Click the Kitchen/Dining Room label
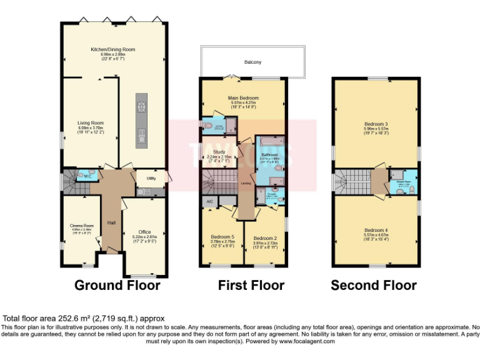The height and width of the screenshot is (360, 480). pyautogui.click(x=113, y=49)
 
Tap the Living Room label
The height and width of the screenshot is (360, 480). pyautogui.click(x=91, y=123)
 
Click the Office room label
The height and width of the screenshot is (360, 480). pyautogui.click(x=144, y=232)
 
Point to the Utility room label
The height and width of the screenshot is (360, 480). pyautogui.click(x=151, y=179)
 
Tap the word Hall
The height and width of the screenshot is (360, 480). pyautogui.click(x=111, y=222)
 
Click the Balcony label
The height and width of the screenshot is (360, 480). pyautogui.click(x=252, y=62)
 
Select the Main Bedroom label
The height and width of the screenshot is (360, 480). pyautogui.click(x=243, y=98)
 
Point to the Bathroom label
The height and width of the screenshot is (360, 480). pyautogui.click(x=269, y=154)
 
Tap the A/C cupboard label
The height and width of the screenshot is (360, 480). pyautogui.click(x=209, y=202)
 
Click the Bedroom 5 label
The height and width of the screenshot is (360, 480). pyautogui.click(x=222, y=237)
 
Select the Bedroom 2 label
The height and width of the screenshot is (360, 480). pyautogui.click(x=266, y=237)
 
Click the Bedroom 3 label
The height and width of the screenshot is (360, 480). pyautogui.click(x=376, y=124)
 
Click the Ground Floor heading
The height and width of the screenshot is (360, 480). pyautogui.click(x=117, y=286)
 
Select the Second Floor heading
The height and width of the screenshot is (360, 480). pyautogui.click(x=373, y=286)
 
